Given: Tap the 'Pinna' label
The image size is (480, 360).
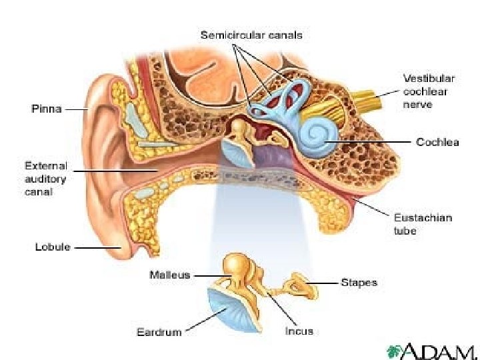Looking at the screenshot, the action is point(47,109).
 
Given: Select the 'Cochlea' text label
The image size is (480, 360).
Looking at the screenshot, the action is point(438,141).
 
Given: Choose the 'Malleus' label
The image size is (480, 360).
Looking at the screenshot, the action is point(170,274).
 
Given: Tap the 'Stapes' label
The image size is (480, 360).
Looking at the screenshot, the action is point(359,282).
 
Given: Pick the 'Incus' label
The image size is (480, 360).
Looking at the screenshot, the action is point(299,331).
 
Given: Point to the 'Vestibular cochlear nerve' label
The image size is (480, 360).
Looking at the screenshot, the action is point(427,91).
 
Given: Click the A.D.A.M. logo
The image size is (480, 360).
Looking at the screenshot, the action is point(433,351).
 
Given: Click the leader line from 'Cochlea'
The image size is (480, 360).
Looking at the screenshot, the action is point(373,141).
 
